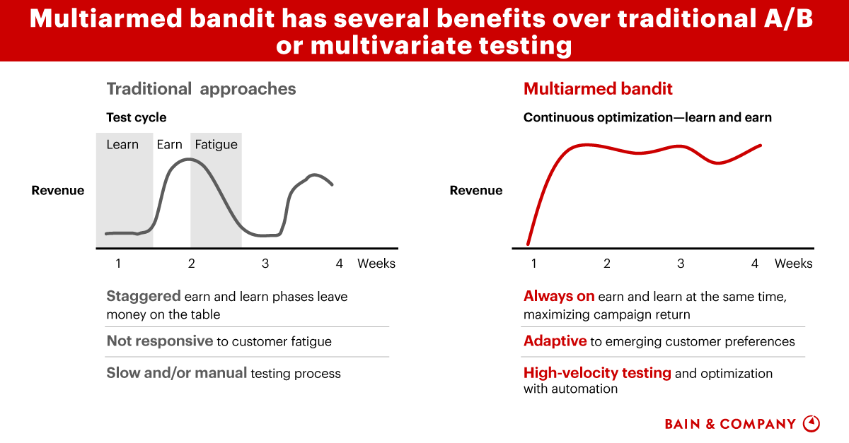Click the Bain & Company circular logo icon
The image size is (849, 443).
click(812, 423)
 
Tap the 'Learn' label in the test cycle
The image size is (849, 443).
click(122, 144)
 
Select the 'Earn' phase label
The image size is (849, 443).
click(169, 144)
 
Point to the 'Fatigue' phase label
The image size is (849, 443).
click(216, 145)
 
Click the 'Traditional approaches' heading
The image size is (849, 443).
click(201, 89)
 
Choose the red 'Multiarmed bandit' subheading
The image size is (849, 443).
click(598, 88)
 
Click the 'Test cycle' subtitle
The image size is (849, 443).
click(137, 117)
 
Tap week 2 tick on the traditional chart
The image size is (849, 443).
click(192, 263)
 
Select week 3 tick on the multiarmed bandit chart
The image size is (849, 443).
click(681, 263)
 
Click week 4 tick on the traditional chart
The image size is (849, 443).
click(339, 263)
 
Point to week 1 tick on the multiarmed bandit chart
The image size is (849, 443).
click(533, 263)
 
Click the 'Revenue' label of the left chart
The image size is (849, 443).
click(58, 190)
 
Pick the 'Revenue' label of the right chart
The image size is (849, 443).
click(476, 190)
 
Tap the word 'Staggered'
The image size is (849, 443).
click(144, 297)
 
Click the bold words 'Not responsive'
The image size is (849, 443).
click(160, 341)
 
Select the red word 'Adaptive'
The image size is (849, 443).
click(555, 341)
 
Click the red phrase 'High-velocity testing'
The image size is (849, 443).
click(597, 373)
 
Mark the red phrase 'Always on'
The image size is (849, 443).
click(559, 296)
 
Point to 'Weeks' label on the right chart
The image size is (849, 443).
click(793, 263)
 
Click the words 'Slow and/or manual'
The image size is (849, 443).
click(177, 373)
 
